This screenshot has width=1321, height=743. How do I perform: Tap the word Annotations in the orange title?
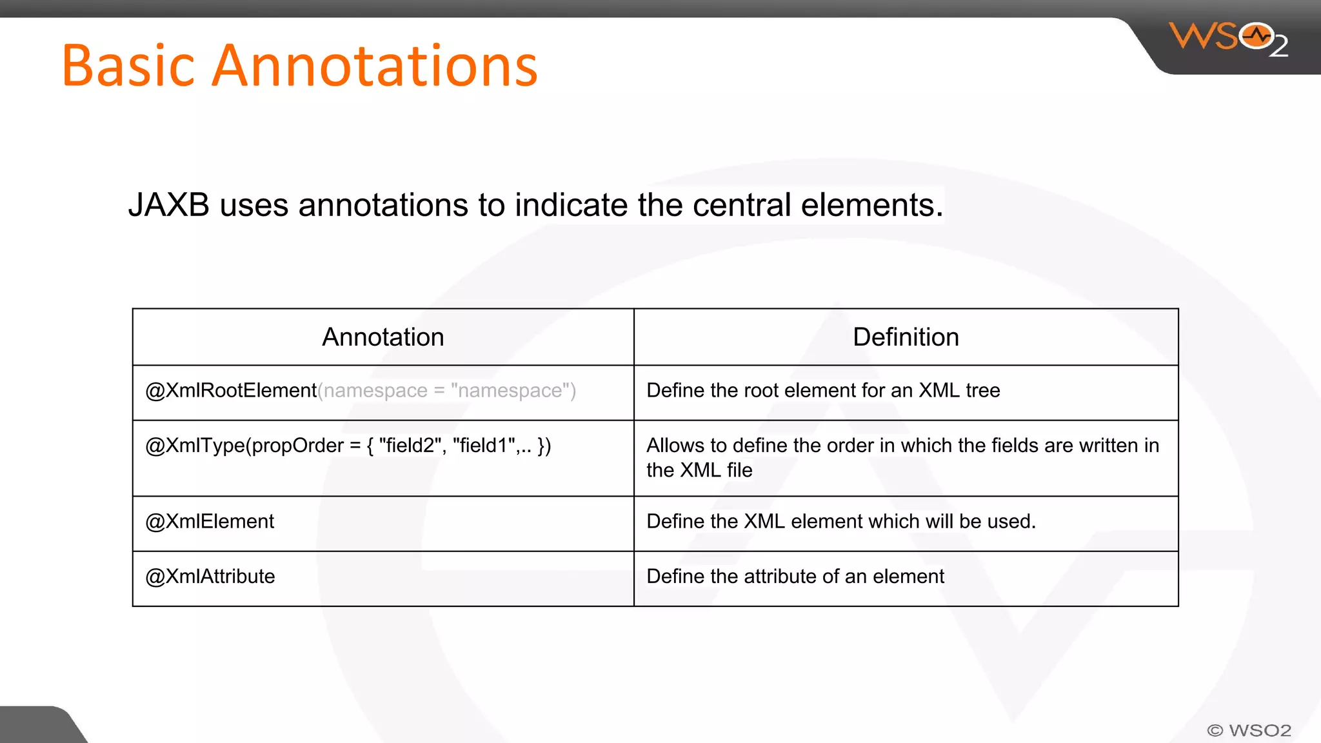click(x=374, y=66)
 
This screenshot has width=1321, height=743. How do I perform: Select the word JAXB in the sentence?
click(x=169, y=205)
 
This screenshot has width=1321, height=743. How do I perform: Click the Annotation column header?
click(x=383, y=337)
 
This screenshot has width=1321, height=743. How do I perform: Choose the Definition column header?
click(x=906, y=337)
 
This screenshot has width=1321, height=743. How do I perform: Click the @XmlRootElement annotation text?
click(x=231, y=391)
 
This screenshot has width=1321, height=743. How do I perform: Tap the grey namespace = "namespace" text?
click(x=446, y=391)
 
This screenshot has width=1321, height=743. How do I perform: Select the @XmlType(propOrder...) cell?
click(x=348, y=446)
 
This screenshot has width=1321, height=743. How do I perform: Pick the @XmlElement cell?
click(x=210, y=521)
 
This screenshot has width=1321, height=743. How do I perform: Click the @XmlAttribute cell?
click(x=210, y=576)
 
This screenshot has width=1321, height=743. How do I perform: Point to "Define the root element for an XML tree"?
click(x=823, y=391)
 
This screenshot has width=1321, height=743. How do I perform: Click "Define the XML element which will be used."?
click(x=841, y=521)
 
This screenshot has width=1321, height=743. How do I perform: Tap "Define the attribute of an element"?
click(x=795, y=576)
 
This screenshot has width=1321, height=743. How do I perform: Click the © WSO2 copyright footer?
click(x=1249, y=730)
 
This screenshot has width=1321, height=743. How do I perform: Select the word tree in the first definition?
click(x=982, y=391)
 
